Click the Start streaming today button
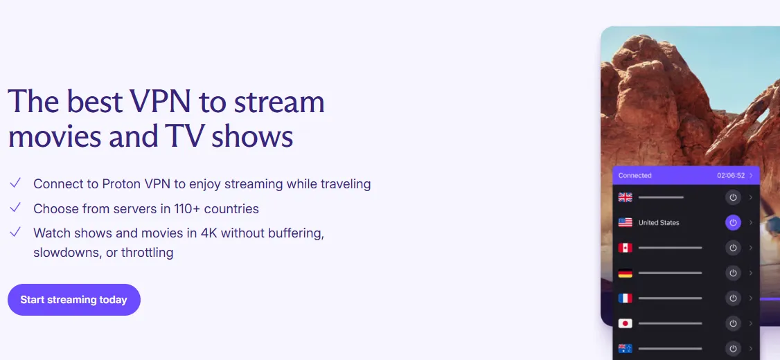(74, 300)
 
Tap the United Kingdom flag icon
(625, 197)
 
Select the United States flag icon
(625, 222)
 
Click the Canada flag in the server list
(625, 248)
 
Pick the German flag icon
(625, 273)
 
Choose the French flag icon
(625, 298)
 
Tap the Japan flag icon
(625, 323)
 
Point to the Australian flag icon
(625, 348)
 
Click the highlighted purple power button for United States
(733, 222)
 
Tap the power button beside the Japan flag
(733, 323)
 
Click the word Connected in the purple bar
(635, 176)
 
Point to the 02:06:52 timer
(731, 176)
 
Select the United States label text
(659, 223)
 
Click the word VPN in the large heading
(160, 101)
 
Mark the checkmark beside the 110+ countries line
(15, 208)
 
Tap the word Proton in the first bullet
(121, 184)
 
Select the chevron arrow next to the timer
(751, 176)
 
